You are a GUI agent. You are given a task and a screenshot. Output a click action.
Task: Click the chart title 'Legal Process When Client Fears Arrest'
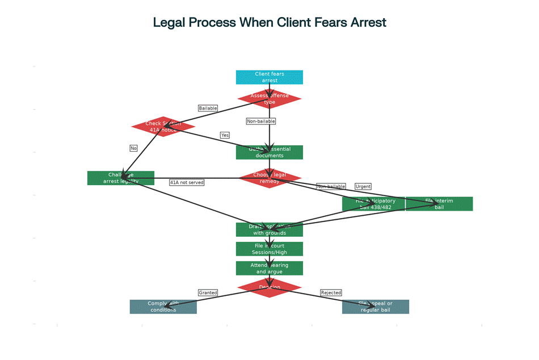[x=269, y=23]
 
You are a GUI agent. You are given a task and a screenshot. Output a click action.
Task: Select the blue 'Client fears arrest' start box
[x=269, y=77]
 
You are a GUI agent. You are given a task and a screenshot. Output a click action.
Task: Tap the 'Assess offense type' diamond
[x=269, y=99]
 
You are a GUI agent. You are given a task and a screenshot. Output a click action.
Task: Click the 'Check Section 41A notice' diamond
[x=163, y=127]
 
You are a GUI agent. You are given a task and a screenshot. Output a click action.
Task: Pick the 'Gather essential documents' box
[x=269, y=152]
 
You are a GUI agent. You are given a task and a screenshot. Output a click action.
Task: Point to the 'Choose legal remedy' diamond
[x=269, y=178]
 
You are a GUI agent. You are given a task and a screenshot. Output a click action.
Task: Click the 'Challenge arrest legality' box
[x=121, y=178]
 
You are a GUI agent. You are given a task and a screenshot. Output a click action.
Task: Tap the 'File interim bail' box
[x=440, y=204]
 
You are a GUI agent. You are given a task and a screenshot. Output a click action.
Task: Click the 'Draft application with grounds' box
[x=269, y=229]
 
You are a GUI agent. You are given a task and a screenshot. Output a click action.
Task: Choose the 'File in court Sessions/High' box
[x=269, y=249]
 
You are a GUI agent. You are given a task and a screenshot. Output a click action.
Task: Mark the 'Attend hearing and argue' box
[x=269, y=268]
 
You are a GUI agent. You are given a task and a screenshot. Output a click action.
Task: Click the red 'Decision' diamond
[x=269, y=287]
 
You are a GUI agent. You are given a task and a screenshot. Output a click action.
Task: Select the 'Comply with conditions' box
[x=163, y=307]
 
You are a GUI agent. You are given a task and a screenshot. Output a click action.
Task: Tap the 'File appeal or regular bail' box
[x=376, y=307]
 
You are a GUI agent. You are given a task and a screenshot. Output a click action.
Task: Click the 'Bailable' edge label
[x=208, y=108]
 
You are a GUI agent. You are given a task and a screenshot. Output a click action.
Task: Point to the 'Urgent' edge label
[x=363, y=186]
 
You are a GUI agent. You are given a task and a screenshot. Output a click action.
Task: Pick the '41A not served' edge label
[x=187, y=182]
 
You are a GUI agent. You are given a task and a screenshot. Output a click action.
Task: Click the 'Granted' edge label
[x=208, y=292]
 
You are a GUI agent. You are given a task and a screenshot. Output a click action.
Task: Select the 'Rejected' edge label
[x=331, y=292]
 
